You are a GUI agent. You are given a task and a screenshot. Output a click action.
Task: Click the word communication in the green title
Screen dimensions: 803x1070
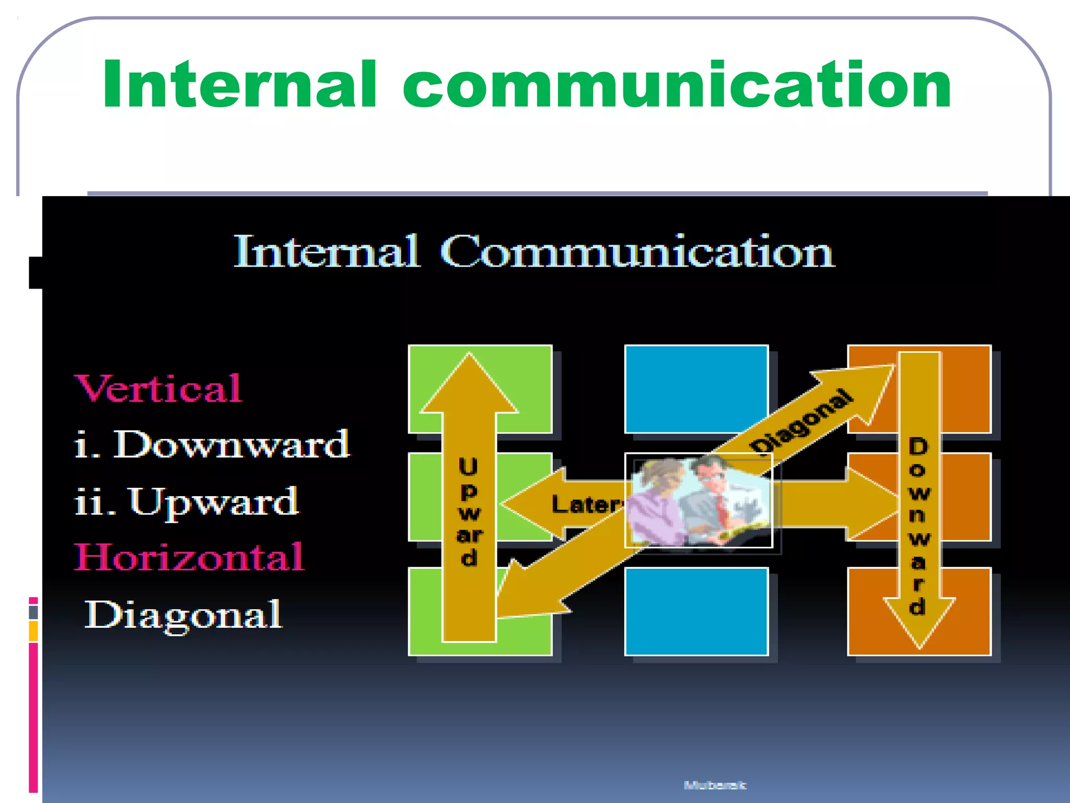677,85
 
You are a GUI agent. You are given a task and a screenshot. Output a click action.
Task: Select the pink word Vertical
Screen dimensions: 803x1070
158,388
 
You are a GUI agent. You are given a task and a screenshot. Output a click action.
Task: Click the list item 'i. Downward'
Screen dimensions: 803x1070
212,445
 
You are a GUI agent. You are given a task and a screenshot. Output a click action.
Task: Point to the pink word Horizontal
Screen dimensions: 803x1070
189,557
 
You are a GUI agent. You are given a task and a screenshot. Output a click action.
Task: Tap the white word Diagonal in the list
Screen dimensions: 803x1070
183,615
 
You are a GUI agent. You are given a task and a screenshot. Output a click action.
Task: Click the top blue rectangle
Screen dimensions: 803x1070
696,389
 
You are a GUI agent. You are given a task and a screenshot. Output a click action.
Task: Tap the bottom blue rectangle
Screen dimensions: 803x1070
696,611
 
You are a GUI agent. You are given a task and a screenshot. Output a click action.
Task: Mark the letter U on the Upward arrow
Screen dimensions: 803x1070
468,467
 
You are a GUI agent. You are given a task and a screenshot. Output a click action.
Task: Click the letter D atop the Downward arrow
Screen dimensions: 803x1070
918,447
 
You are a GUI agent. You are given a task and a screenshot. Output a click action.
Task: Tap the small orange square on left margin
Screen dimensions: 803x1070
33,630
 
